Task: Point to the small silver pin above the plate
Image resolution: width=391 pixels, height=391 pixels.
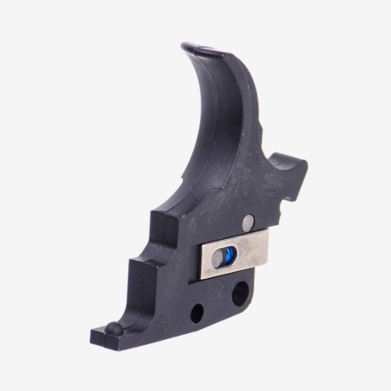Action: click(246, 222)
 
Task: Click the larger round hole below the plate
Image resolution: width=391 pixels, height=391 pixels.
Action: click(241, 294)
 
